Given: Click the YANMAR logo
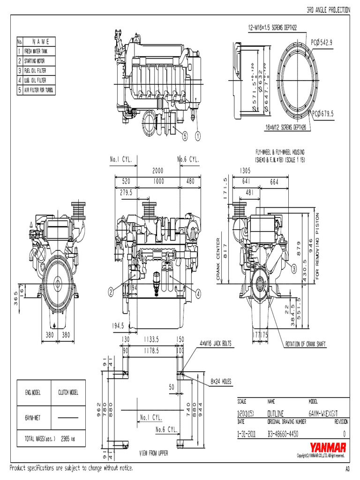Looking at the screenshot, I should (x=328, y=447).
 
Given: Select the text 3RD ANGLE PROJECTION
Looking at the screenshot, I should (x=328, y=9).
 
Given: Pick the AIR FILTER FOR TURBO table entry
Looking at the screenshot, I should (x=39, y=90).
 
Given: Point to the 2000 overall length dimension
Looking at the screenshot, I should (x=157, y=171).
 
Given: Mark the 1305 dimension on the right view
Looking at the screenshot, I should (x=244, y=171).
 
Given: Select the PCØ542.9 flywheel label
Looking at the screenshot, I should (x=322, y=42).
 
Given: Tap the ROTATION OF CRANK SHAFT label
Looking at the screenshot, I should (x=306, y=344).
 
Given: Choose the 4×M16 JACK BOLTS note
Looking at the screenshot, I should (x=216, y=344).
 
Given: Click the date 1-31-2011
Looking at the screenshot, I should (x=247, y=434).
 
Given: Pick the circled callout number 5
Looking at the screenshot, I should (x=184, y=136).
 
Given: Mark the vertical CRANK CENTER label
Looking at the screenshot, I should (x=218, y=259).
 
